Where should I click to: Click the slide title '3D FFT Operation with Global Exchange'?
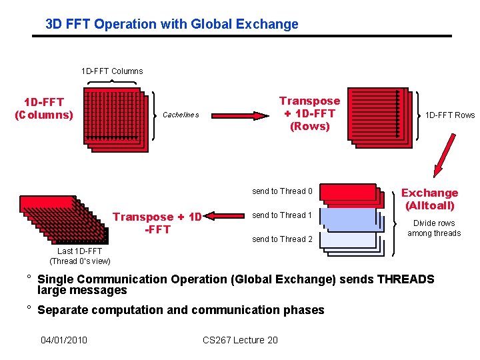[x=172, y=25]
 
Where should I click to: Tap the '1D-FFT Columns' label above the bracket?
[x=112, y=71]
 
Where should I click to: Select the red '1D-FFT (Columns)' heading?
[x=44, y=108]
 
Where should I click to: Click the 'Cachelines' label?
[x=181, y=115]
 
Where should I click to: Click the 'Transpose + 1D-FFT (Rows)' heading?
[x=309, y=113]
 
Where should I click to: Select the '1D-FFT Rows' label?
[x=450, y=115]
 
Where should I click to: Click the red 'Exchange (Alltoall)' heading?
[x=429, y=199]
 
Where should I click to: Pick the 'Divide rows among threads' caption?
[x=434, y=228]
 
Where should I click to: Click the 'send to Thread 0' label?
[x=282, y=192]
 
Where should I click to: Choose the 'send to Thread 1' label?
[x=282, y=215]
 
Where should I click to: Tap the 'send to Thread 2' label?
[x=282, y=239]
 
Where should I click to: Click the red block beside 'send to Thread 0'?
[x=347, y=192]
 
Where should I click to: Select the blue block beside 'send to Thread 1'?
[x=347, y=216]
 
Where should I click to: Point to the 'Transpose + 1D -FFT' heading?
[x=157, y=223]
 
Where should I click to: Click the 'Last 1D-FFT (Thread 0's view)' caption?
[x=80, y=256]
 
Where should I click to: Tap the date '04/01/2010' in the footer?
[x=64, y=341]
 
